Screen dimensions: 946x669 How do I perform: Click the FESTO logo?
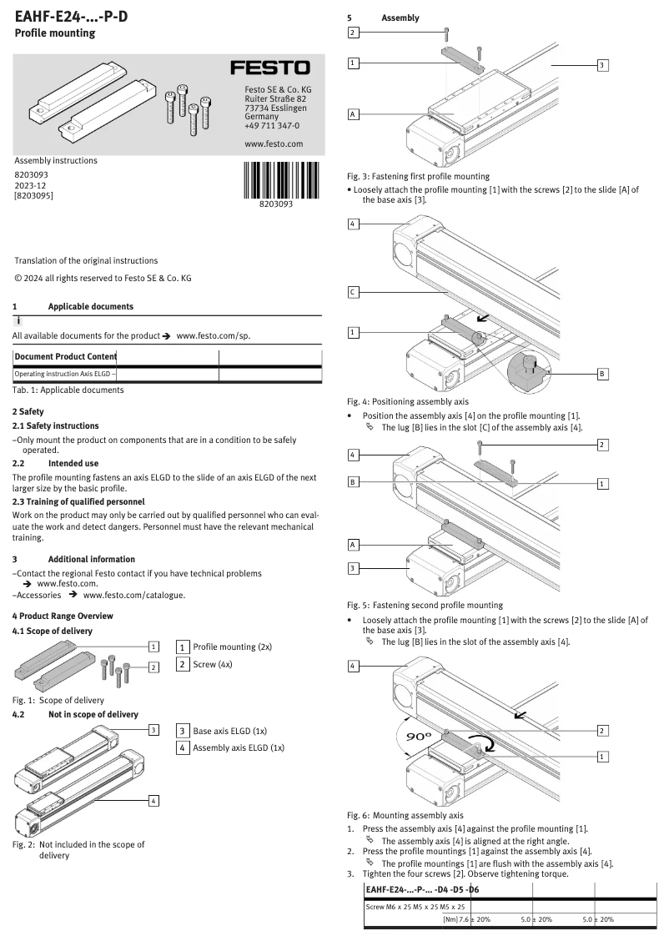(x=269, y=68)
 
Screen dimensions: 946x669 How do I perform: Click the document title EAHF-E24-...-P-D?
(x=72, y=16)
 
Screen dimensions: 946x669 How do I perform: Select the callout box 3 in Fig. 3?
(x=603, y=64)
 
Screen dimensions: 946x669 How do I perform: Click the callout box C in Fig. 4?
(x=354, y=292)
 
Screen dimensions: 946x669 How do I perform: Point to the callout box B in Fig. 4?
(x=603, y=374)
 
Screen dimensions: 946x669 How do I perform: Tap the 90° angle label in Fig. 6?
(x=418, y=737)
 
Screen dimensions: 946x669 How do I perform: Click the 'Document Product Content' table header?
(x=65, y=357)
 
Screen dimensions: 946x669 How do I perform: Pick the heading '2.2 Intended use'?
(x=55, y=462)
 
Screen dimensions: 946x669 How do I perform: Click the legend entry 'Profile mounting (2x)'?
(x=232, y=647)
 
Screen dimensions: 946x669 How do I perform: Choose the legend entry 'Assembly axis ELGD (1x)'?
(x=239, y=747)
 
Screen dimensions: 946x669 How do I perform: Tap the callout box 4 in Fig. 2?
(x=153, y=801)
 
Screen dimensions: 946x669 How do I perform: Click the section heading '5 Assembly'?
(x=383, y=18)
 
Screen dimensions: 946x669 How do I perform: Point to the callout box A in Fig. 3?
(x=354, y=114)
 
